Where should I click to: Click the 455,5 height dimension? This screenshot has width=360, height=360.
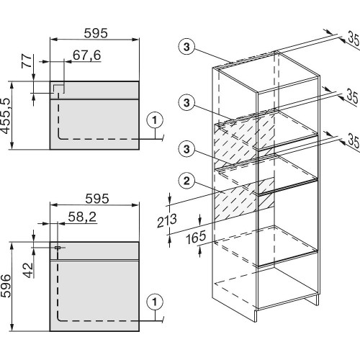point(5,116)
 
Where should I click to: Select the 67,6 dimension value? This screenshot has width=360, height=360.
point(86,55)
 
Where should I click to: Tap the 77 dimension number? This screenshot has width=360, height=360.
point(27,61)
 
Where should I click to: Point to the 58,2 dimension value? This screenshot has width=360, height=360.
point(82,217)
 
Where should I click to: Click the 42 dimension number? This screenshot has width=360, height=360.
point(29,270)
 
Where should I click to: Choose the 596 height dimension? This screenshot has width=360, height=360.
point(5,286)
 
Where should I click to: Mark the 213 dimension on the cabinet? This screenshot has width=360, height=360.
point(167,220)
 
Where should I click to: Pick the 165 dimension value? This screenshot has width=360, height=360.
point(196,237)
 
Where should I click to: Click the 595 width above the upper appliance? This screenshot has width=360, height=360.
point(96,33)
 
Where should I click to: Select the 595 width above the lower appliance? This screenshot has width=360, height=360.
point(97,199)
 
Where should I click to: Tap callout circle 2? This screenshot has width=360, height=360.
point(186,181)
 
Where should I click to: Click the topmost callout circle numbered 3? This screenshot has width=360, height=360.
point(186,47)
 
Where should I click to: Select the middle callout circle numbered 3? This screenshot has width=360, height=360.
point(186,103)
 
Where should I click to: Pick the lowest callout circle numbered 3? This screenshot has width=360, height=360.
point(186,149)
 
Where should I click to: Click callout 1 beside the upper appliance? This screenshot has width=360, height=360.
point(155,120)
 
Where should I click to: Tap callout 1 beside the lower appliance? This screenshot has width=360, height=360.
point(155,302)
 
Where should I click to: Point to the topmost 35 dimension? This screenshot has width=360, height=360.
point(354,40)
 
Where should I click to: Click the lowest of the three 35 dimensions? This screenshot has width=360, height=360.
point(354,142)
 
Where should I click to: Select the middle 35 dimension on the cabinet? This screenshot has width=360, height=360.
point(353,96)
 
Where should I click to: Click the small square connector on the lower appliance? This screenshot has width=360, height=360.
point(58,248)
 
